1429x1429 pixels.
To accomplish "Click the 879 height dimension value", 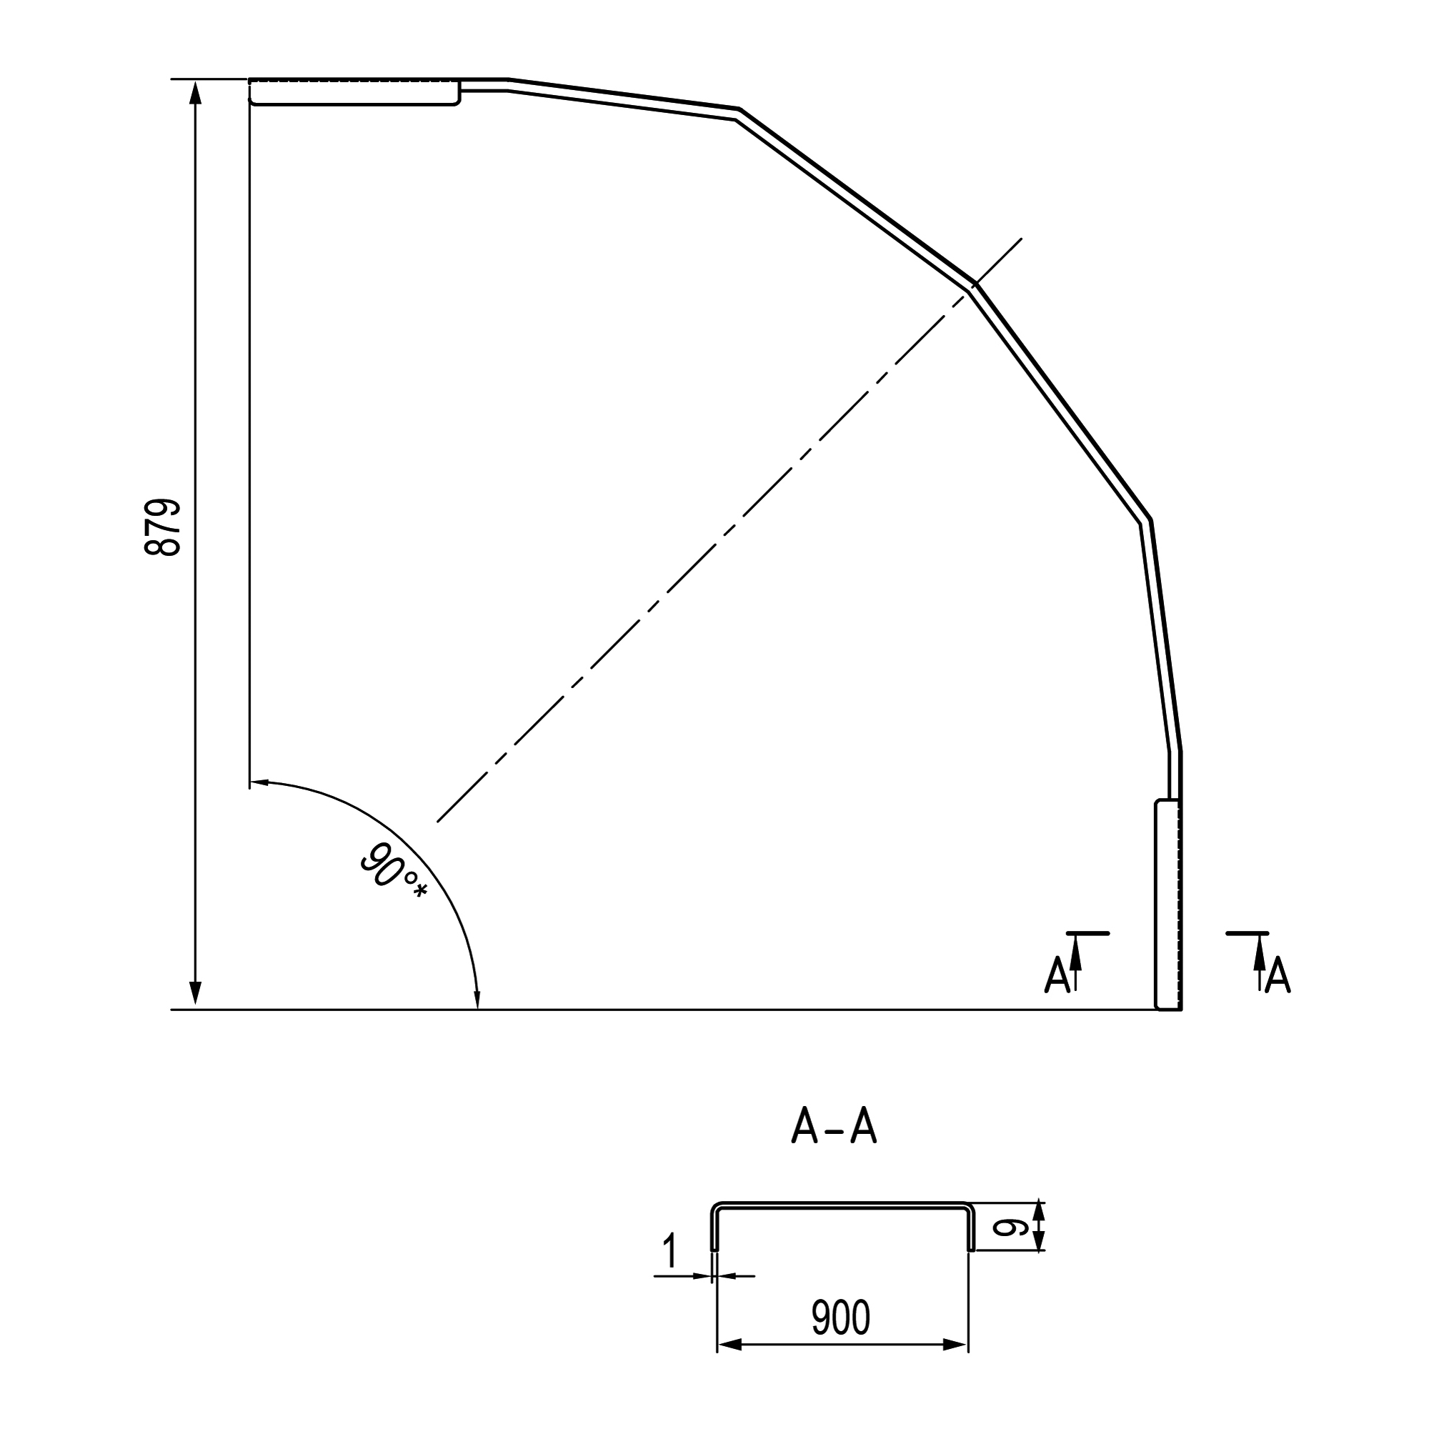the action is (162, 527).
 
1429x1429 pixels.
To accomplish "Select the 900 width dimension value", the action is (841, 1318).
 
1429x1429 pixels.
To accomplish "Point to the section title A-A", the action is (835, 1126).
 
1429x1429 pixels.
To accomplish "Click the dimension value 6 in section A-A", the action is (1010, 1228).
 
